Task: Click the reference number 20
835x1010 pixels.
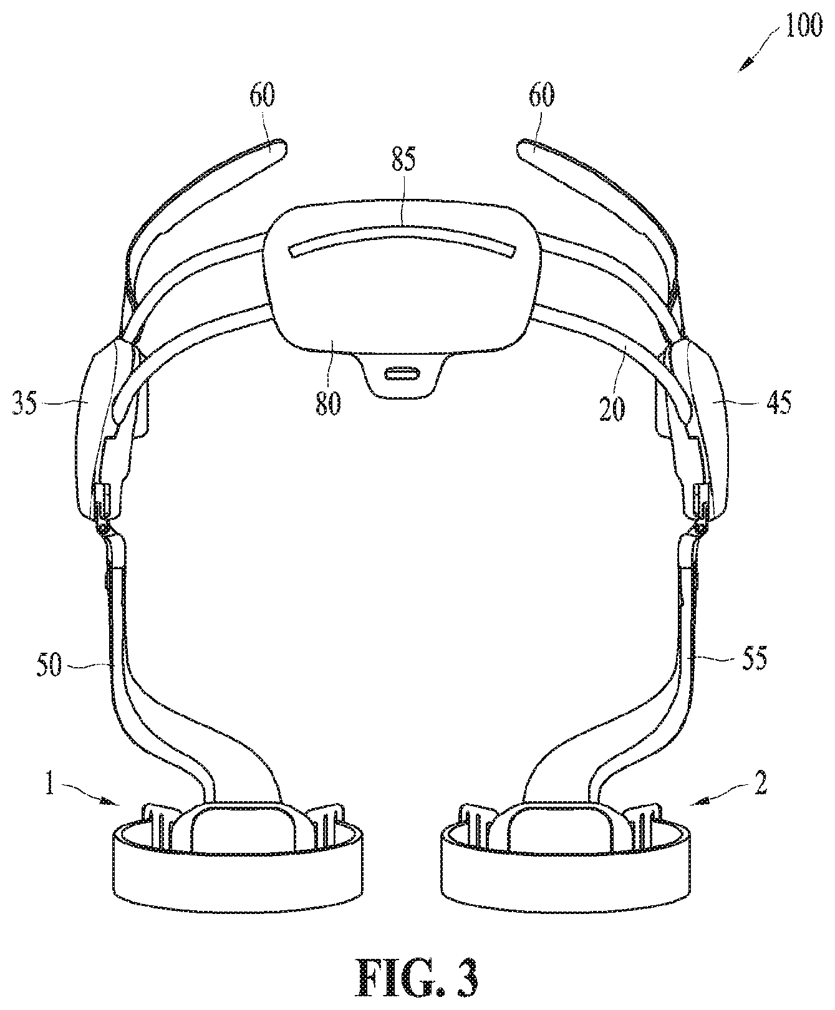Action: click(612, 410)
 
